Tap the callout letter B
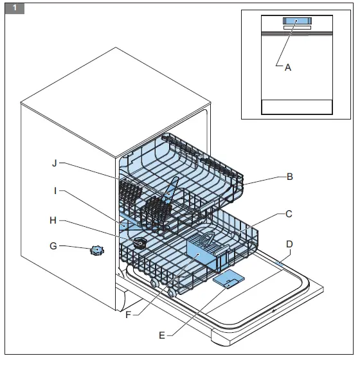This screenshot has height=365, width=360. pyautogui.click(x=290, y=176)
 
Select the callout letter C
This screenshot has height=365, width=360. pyautogui.click(x=290, y=213)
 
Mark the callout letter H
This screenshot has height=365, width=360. pyautogui.click(x=55, y=220)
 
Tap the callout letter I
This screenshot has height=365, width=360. pyautogui.click(x=55, y=190)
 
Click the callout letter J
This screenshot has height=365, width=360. pyautogui.click(x=55, y=163)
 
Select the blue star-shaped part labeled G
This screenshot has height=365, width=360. pyautogui.click(x=96, y=251)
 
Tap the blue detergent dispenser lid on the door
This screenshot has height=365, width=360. pyautogui.click(x=228, y=278)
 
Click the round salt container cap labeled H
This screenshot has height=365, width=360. pyautogui.click(x=139, y=243)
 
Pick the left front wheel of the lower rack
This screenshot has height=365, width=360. pyautogui.click(x=155, y=284)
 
